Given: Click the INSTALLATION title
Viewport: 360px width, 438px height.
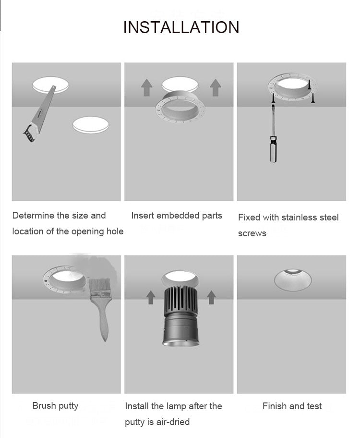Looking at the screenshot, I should tap(181, 27).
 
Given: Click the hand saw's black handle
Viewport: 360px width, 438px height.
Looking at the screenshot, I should tap(30, 133).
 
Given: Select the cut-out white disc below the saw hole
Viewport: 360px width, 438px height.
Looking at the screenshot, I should tap(91, 125).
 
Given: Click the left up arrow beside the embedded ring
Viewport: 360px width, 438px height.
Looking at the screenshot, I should tap(146, 88).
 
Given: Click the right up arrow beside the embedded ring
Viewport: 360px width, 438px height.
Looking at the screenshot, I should tap(216, 88).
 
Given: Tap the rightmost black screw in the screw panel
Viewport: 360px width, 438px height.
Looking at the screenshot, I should tap(314, 98).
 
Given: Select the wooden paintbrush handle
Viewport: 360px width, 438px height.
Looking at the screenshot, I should tap(104, 322).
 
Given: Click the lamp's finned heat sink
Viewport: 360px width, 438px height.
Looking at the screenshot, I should tap(179, 299).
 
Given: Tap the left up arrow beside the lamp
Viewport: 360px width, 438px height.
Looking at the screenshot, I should tap(151, 297).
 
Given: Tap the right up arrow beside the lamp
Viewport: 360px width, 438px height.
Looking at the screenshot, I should tap(211, 297).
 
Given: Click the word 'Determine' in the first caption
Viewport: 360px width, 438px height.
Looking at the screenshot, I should tap(33, 216).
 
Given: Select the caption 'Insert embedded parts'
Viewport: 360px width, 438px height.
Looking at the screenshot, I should tap(177, 216).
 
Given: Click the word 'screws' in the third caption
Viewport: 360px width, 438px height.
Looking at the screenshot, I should tap(252, 233).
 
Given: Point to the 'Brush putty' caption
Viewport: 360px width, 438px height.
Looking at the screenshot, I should tap(55, 406).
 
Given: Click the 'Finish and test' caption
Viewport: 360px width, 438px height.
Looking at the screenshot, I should tap(292, 406).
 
